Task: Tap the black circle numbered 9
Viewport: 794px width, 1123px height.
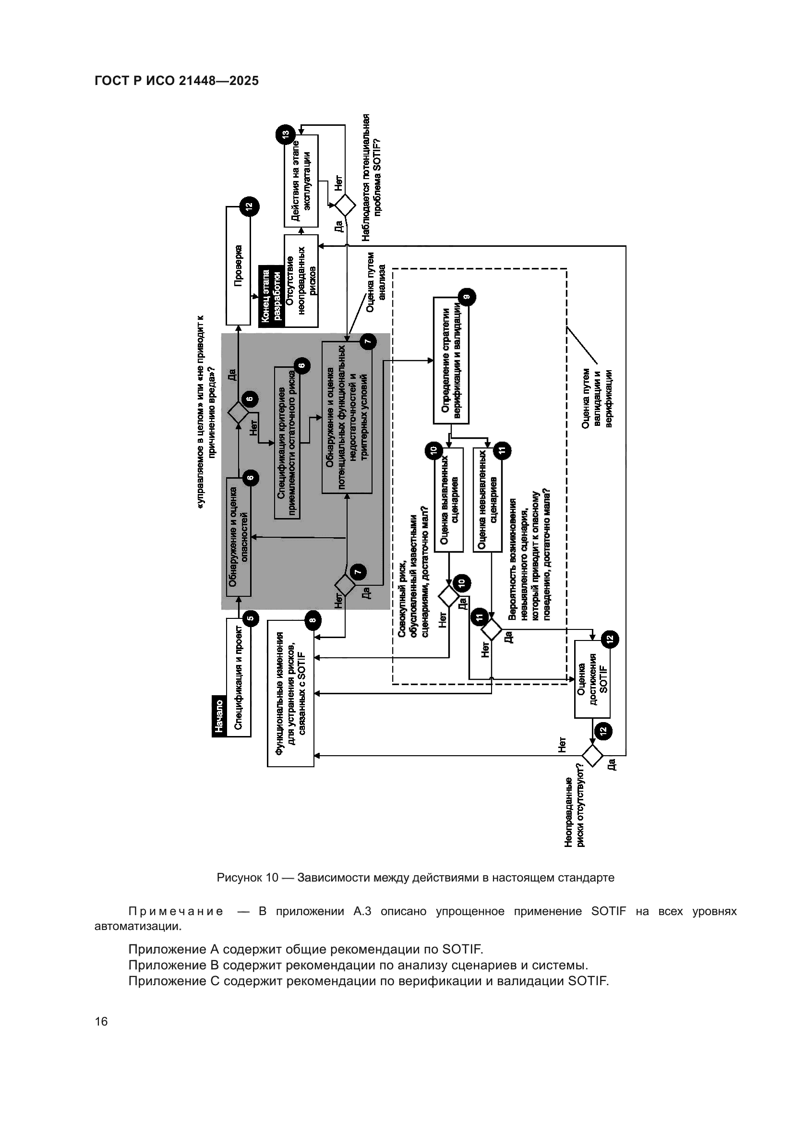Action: click(x=467, y=296)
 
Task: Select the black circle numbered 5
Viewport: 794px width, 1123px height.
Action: click(x=250, y=619)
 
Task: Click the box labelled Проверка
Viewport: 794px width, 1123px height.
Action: click(x=238, y=266)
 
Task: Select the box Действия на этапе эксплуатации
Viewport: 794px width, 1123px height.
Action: click(x=301, y=181)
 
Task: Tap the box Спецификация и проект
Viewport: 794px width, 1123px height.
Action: click(x=239, y=677)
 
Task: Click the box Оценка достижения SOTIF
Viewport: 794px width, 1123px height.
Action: click(x=592, y=679)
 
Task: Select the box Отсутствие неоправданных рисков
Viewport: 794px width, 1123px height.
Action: click(x=301, y=281)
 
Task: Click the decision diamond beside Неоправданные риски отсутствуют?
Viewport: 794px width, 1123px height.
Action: click(x=592, y=756)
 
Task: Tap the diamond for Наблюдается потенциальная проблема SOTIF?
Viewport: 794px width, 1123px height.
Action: click(x=345, y=205)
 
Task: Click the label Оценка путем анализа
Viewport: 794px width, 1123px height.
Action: click(x=376, y=282)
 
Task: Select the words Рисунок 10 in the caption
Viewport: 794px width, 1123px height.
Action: click(x=247, y=878)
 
